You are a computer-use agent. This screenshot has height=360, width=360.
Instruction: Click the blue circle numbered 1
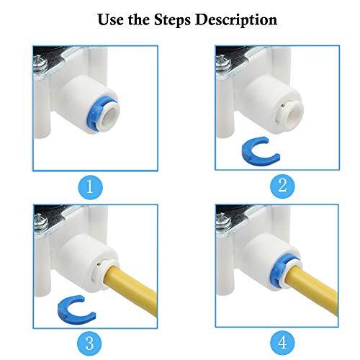click(91, 188)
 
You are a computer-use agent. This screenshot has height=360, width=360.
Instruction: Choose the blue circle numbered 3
click(91, 340)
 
